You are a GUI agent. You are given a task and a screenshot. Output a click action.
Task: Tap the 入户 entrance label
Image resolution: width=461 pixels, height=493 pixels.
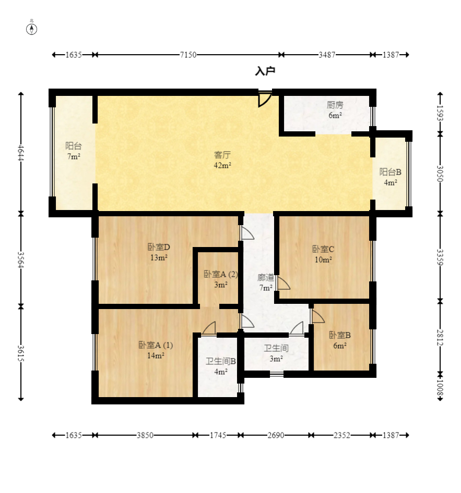pyautogui.click(x=265, y=71)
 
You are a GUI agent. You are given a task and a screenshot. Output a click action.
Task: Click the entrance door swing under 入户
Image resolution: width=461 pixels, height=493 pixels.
pyautogui.click(x=265, y=99)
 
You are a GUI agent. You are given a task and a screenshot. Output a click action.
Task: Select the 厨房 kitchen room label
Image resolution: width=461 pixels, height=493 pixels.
pyautogui.click(x=335, y=105)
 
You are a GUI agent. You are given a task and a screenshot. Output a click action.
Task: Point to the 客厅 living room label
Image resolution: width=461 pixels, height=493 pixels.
pyautogui.click(x=222, y=155)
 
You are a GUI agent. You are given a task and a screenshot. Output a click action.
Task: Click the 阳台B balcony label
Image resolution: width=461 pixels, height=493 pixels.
pyautogui.click(x=391, y=172)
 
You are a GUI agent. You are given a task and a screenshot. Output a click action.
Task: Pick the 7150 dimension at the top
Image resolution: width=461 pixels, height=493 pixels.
pyautogui.click(x=188, y=55)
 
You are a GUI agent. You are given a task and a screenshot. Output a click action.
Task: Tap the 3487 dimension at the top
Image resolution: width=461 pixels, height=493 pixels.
pyautogui.click(x=327, y=55)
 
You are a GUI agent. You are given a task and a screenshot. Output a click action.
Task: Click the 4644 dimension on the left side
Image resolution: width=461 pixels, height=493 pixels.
pyautogui.click(x=21, y=153)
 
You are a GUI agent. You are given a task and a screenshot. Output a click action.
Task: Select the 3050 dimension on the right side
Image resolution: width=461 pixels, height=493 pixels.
pyautogui.click(x=440, y=174)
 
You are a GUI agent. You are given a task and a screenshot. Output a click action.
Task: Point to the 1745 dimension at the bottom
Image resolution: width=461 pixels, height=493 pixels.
pyautogui.click(x=218, y=435)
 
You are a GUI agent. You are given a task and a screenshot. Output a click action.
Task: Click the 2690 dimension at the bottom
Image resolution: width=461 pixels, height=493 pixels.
pyautogui.click(x=276, y=435)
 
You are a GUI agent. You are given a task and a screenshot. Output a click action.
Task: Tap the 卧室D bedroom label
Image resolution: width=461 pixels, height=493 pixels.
pyautogui.click(x=159, y=247)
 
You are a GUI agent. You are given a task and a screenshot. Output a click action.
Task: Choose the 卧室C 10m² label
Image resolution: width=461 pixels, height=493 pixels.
pyautogui.click(x=323, y=254)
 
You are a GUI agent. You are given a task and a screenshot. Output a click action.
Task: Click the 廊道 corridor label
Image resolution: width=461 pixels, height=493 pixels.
pyautogui.click(x=265, y=278)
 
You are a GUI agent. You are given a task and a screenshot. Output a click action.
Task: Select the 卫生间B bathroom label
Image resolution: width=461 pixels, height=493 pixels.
pyautogui.click(x=221, y=361)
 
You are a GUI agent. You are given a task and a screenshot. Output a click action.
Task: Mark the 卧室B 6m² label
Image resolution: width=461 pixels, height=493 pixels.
pyautogui.click(x=340, y=340)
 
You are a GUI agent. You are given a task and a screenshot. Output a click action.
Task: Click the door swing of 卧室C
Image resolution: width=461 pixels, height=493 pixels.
pyautogui.click(x=283, y=283)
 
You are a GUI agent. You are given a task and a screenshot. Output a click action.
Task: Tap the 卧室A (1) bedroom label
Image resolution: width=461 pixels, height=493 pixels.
pyautogui.click(x=156, y=345)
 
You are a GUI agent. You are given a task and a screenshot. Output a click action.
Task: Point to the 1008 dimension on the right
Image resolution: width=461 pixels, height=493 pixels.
pyautogui.click(x=440, y=388)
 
